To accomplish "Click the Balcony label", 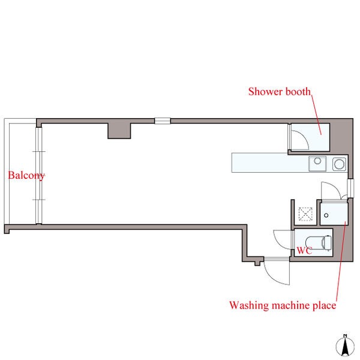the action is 26,176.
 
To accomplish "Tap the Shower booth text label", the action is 280,91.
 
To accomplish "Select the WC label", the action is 304,251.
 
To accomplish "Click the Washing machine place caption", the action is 283,305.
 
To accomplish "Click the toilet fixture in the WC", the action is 319,242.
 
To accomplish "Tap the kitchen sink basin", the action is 317,164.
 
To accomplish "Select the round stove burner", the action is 339,164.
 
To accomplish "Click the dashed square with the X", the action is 305,214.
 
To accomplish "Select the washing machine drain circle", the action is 326,215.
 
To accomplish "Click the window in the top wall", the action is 163,121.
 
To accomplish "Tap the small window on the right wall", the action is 350,188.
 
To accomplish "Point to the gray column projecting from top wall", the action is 119,131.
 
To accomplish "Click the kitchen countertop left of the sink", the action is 270,163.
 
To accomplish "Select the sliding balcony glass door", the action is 39,175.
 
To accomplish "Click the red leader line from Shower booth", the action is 316,115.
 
